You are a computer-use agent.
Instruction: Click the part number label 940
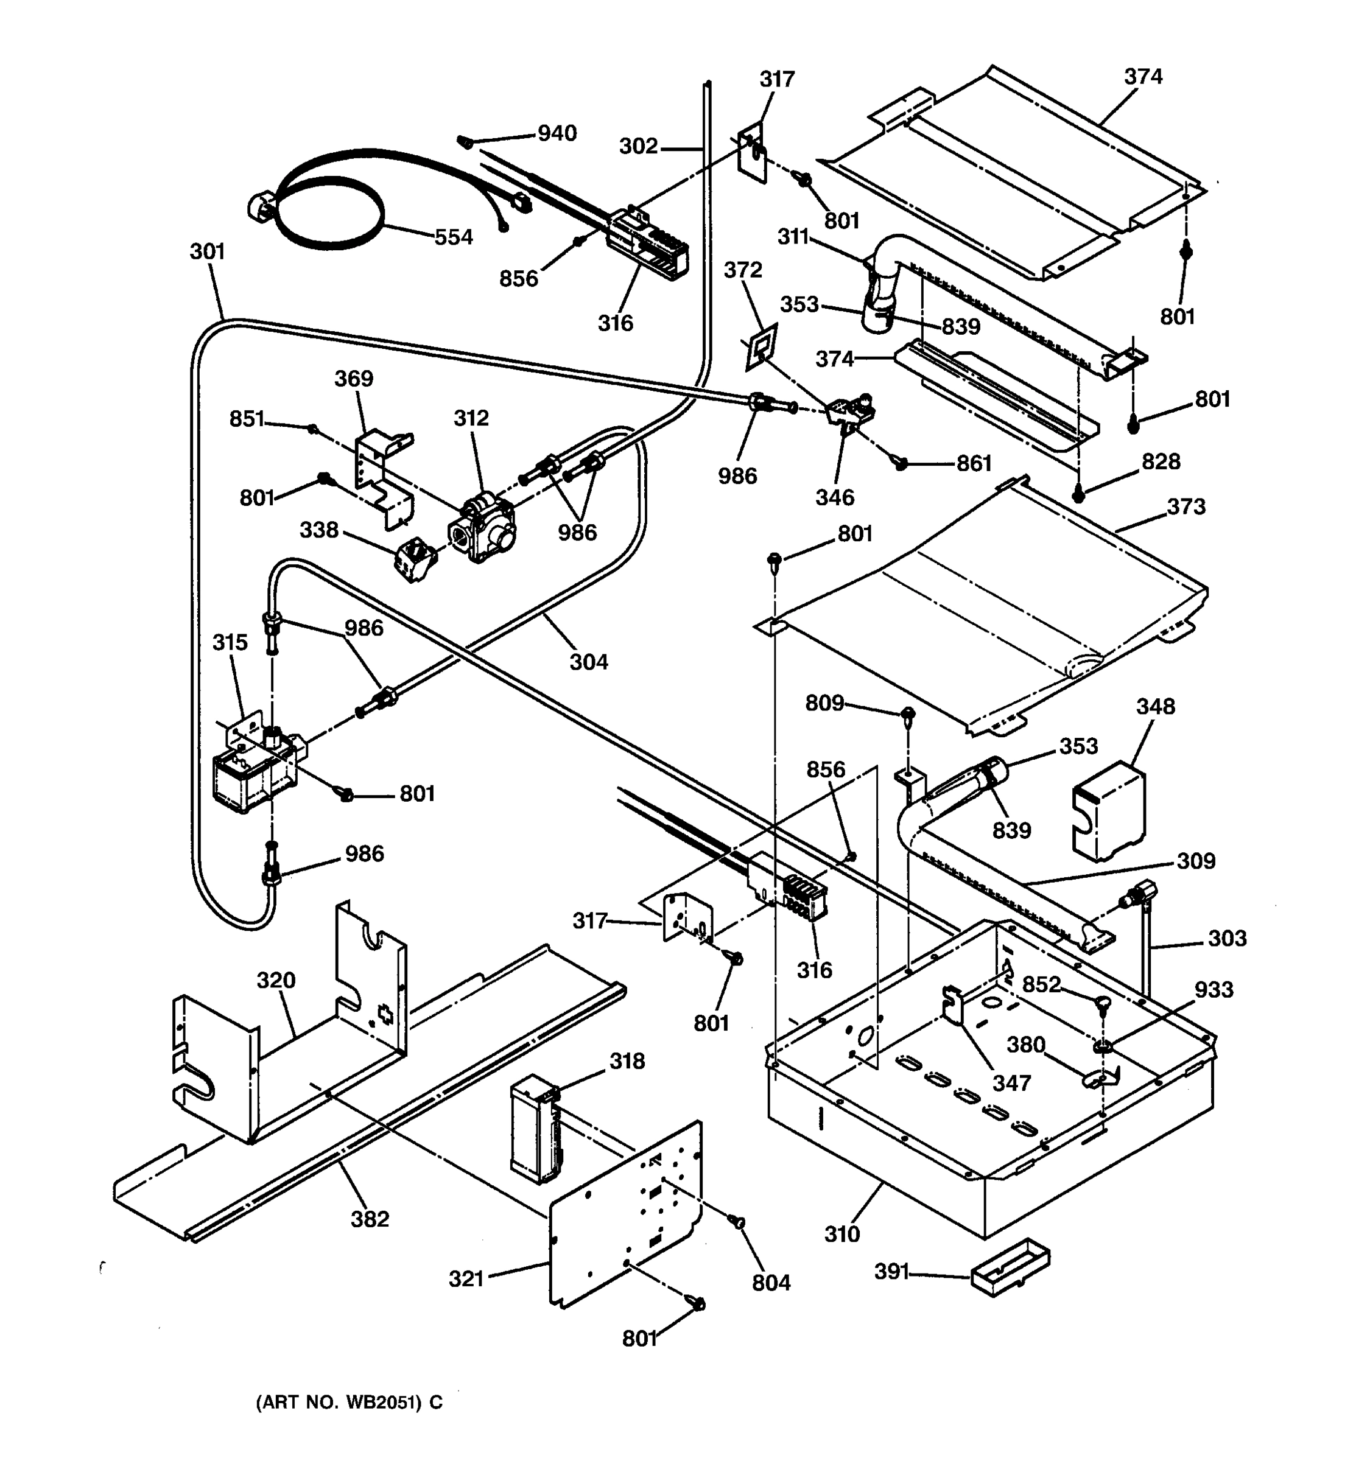point(557,133)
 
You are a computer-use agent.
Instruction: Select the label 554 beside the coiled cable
point(453,237)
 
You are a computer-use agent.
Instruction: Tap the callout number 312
point(471,418)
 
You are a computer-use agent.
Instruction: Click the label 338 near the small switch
point(318,529)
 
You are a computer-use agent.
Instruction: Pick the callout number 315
point(230,642)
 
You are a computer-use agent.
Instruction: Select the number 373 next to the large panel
point(1186,506)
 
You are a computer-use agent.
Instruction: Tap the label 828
point(1161,461)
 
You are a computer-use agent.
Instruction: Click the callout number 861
point(973,463)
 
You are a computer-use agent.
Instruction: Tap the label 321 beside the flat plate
point(466,1279)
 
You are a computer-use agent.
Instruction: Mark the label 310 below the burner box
point(841,1233)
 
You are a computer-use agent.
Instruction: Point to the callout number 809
point(824,703)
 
